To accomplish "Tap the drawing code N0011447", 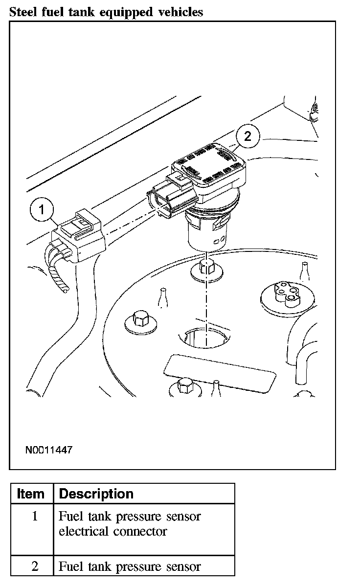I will (x=49, y=450).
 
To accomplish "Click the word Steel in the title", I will (x=22, y=12).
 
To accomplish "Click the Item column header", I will (x=30, y=494).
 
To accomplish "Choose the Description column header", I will (x=96, y=494).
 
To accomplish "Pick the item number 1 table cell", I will (x=34, y=516).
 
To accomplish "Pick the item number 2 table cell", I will (x=34, y=566).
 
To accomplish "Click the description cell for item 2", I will (x=130, y=566).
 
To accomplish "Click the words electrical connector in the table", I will (x=113, y=531).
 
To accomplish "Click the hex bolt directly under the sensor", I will (x=206, y=268).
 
